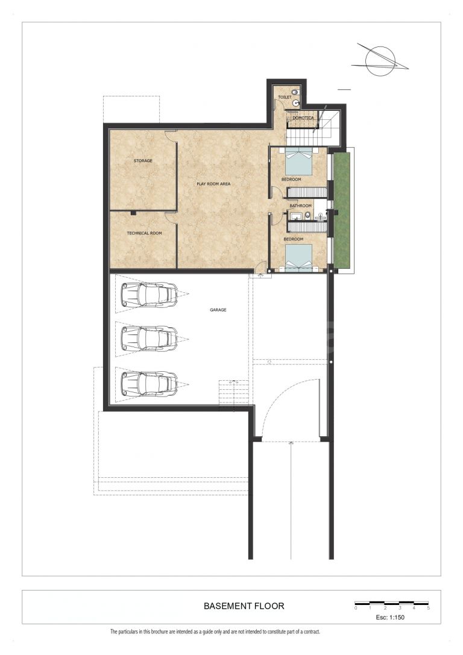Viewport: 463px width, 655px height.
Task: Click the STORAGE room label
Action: (x=143, y=161)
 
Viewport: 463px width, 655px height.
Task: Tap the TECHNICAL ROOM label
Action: (x=144, y=233)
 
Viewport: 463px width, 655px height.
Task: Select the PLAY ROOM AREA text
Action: (x=213, y=184)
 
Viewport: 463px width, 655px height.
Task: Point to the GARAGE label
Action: (x=218, y=310)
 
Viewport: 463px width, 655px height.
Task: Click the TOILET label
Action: (x=285, y=98)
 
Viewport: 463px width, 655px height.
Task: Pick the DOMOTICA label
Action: (x=303, y=118)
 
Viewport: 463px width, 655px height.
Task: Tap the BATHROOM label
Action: (x=301, y=206)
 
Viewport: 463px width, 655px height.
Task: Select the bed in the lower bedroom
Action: (x=299, y=258)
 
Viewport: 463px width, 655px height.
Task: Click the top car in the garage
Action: (x=149, y=293)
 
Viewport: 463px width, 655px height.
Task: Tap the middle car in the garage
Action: (x=149, y=338)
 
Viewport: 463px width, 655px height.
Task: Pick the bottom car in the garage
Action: (x=149, y=383)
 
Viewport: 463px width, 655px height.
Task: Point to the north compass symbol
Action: (x=379, y=61)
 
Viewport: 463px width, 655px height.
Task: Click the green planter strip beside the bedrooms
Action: (x=342, y=210)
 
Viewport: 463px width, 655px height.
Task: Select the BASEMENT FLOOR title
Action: (x=244, y=606)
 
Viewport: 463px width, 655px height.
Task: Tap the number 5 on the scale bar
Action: (x=428, y=608)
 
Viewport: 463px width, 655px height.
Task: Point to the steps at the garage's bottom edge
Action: (x=235, y=393)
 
